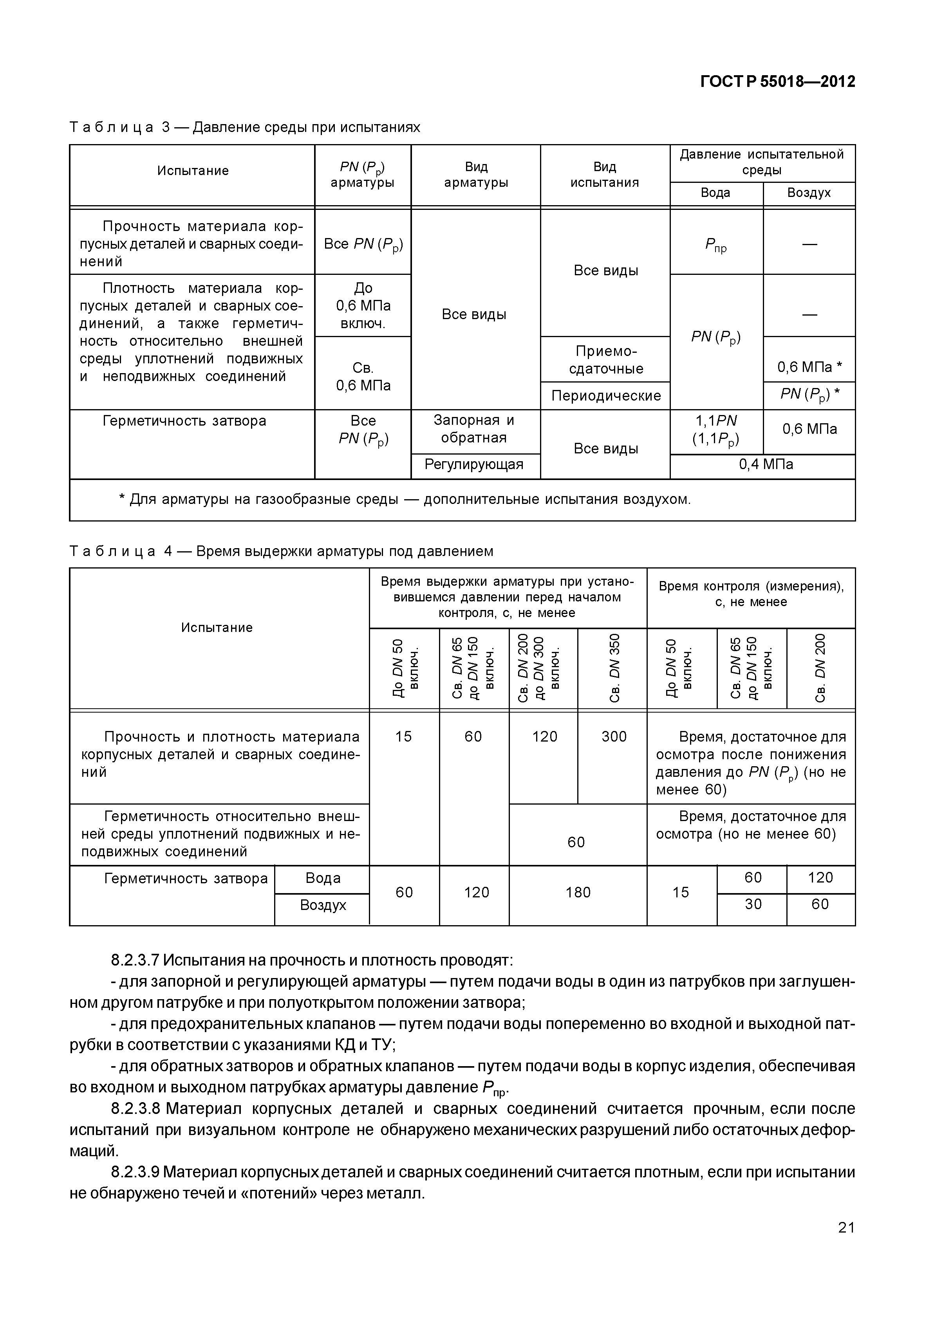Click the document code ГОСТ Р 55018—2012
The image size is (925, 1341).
point(777,82)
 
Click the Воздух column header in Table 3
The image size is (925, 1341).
point(809,193)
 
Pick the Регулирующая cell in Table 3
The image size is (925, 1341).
point(474,464)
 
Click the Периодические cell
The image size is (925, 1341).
point(606,396)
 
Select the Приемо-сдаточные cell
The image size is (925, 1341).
point(606,360)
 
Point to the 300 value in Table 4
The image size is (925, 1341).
point(614,736)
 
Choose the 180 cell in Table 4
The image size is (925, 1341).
point(578,892)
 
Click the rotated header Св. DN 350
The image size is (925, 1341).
point(614,668)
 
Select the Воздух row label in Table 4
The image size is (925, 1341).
point(323,905)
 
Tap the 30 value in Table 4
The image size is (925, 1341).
point(752,904)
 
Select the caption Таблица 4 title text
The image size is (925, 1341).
point(281,551)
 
